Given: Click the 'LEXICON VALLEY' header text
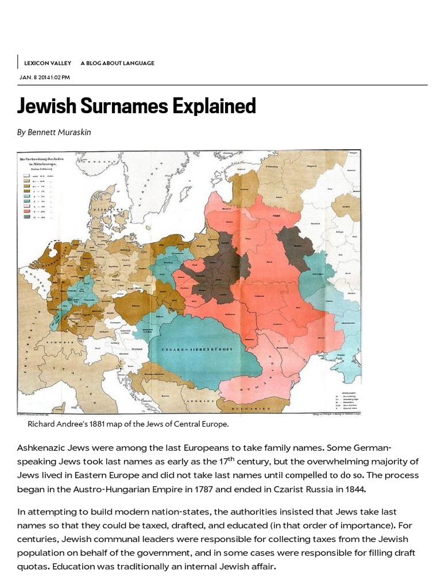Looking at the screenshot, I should pyautogui.click(x=48, y=63).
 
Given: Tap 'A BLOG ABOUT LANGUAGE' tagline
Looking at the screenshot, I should pyautogui.click(x=117, y=63).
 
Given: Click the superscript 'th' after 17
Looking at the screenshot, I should pyautogui.click(x=232, y=458).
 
